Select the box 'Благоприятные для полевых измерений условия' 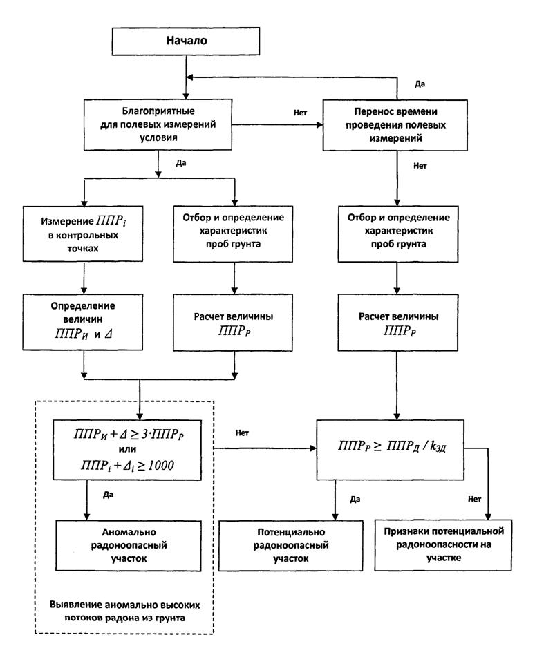[159, 124]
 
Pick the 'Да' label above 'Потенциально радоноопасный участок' [355, 499]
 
